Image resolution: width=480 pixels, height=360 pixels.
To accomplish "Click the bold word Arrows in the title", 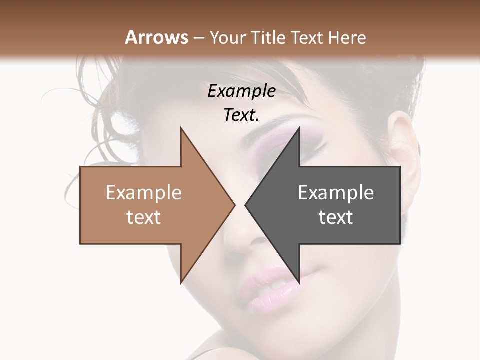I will pyautogui.click(x=156, y=37).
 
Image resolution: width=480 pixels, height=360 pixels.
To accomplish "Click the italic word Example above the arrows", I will pyautogui.click(x=242, y=91).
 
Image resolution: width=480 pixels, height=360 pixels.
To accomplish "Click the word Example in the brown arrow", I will pyautogui.click(x=144, y=193).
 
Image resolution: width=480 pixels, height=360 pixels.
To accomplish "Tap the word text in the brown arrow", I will pyautogui.click(x=144, y=217).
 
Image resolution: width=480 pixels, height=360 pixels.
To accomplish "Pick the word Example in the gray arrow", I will pyautogui.click(x=336, y=193).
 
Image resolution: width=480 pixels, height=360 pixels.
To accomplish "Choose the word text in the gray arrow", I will pyautogui.click(x=336, y=217).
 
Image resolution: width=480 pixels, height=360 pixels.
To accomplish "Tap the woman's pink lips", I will pyautogui.click(x=270, y=290).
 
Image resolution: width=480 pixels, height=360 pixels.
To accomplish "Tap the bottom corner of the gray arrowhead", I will pyautogui.click(x=299, y=282).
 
